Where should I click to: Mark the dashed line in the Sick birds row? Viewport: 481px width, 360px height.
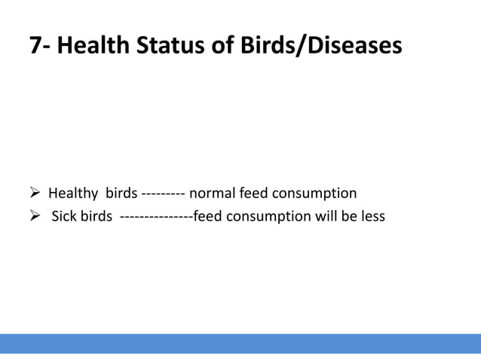coord(156,218)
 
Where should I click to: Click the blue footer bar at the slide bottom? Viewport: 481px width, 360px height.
coord(240,343)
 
